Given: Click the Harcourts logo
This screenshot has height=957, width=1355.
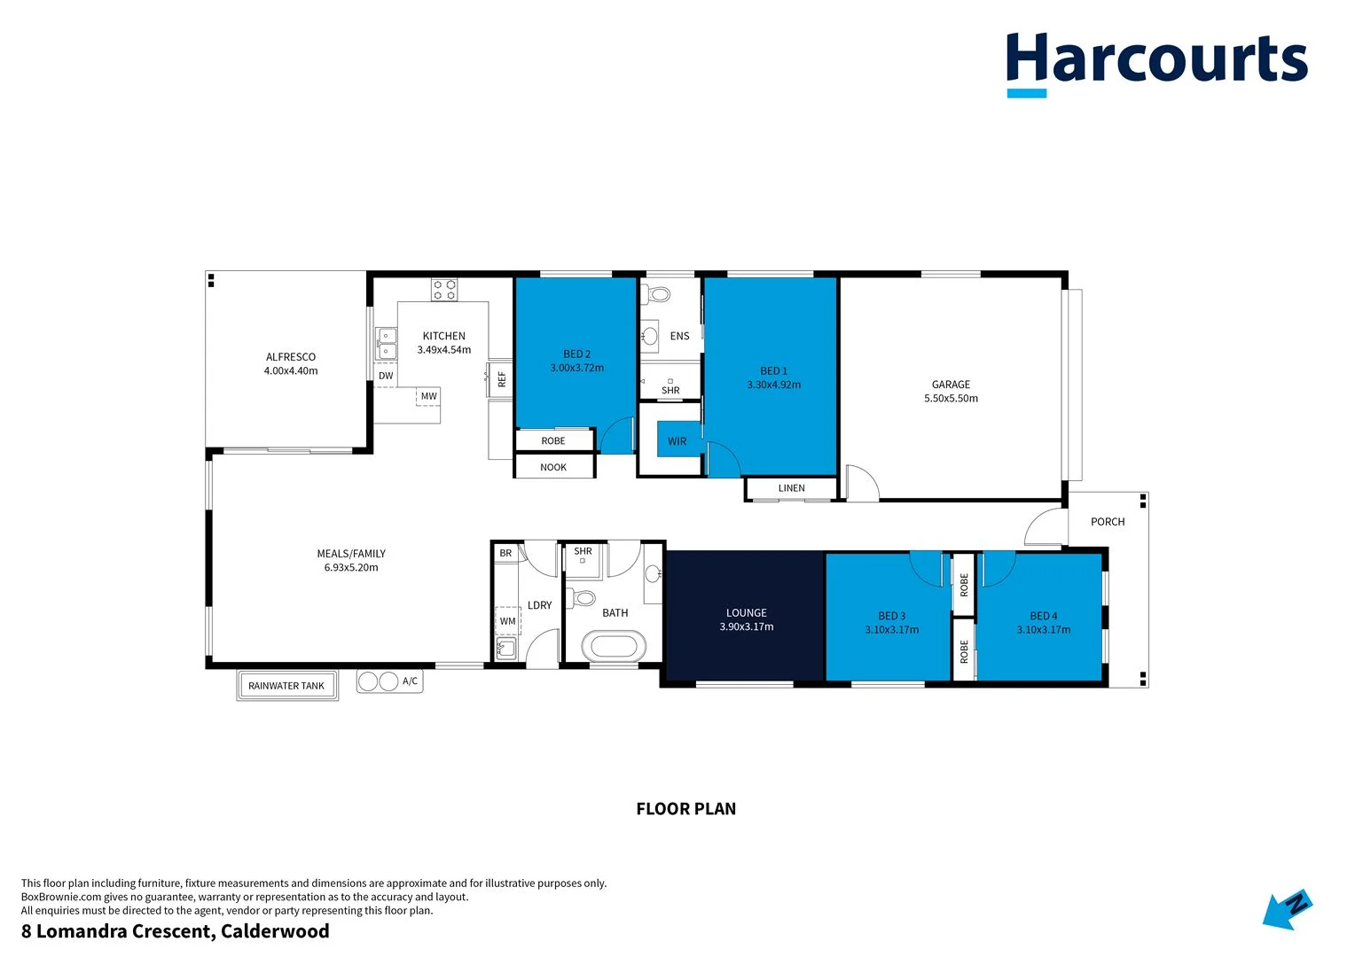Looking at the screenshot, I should [1156, 62].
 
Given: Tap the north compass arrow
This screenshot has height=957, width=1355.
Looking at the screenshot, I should [1287, 910].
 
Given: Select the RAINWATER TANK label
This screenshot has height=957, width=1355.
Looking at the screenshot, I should [286, 686].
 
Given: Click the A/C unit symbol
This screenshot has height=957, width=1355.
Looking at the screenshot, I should [380, 681].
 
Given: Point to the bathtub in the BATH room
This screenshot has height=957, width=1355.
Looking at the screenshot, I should [614, 646].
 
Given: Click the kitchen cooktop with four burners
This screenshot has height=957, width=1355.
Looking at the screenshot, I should [444, 290].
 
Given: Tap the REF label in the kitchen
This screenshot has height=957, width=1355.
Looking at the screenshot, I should [502, 379].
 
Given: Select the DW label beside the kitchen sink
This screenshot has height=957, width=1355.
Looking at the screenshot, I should [386, 376].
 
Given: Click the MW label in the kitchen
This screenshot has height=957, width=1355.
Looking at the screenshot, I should [429, 396].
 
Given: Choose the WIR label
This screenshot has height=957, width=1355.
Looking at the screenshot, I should [677, 441].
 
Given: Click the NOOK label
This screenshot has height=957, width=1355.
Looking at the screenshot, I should [553, 467].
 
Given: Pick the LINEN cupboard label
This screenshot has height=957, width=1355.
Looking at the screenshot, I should [792, 488].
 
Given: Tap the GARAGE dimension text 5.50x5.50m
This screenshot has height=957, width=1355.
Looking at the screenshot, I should [951, 399].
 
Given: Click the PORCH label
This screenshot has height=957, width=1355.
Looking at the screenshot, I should [1108, 522].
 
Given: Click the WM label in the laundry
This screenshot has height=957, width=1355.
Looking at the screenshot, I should [507, 621].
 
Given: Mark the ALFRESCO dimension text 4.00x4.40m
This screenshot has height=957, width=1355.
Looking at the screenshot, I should [291, 371].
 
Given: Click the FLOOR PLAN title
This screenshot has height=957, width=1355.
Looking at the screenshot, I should [685, 809].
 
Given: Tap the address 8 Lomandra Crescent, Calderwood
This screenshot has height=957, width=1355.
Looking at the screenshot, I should [176, 931].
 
